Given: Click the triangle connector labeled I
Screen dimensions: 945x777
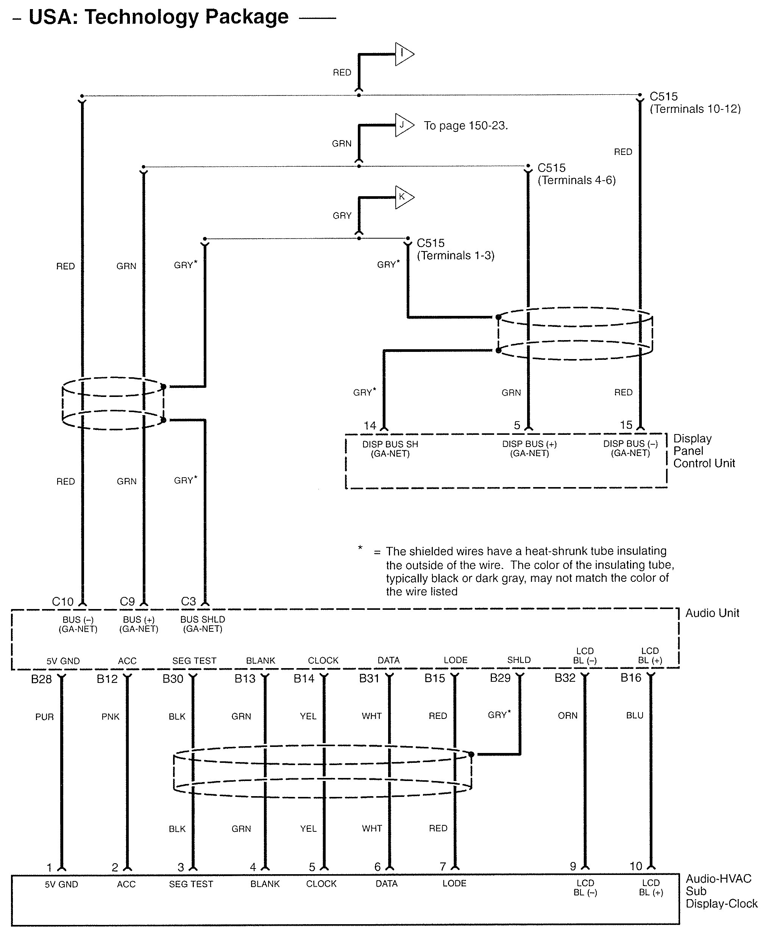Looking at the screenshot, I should [403, 54].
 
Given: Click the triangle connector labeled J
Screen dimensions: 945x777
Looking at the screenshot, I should [403, 125].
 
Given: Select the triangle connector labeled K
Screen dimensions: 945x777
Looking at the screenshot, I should [403, 197].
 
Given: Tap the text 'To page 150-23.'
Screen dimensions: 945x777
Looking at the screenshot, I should [465, 126].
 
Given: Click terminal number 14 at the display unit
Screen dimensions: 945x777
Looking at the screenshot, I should [370, 426].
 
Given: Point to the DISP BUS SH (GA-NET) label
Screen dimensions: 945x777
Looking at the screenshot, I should [390, 449].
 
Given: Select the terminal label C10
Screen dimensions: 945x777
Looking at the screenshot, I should [62, 601].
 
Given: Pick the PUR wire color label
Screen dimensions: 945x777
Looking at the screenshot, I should [44, 717].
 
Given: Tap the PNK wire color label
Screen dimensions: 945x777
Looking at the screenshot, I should [110, 717].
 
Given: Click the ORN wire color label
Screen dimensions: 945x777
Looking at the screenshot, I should [568, 716].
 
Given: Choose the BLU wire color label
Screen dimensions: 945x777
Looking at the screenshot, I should [635, 715].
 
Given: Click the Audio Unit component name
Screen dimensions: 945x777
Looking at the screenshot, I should [712, 613].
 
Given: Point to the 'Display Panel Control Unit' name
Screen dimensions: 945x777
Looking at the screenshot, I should [704, 451].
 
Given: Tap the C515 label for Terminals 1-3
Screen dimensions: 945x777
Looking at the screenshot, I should [431, 243].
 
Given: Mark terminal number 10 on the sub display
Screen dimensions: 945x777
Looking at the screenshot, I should [635, 866].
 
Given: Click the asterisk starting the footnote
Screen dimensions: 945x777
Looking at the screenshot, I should [360, 547].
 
